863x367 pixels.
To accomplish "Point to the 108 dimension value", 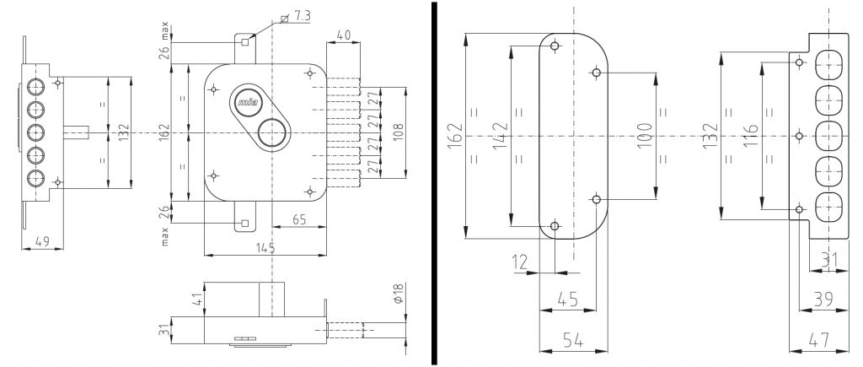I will tap(399, 132).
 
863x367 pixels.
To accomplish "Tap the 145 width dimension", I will tap(265, 248).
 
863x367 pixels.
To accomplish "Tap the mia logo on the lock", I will tap(248, 103).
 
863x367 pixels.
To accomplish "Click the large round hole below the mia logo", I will tap(271, 132).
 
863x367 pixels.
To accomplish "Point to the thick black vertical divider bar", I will tap(434, 183).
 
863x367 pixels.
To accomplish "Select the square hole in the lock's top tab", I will tap(244, 41).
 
